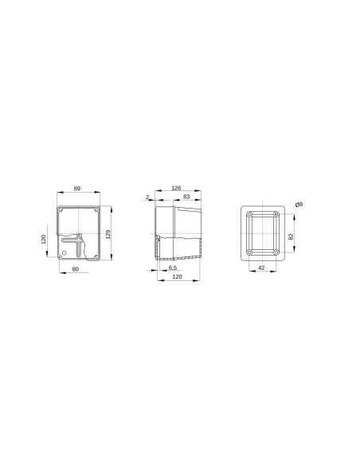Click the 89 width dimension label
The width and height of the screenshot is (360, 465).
76,188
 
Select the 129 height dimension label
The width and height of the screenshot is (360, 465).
108,232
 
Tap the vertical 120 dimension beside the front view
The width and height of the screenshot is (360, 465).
44,239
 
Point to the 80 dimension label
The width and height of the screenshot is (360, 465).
75,270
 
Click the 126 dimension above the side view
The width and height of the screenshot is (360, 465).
176,188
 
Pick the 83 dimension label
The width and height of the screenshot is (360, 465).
186,196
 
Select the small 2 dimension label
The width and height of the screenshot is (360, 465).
147,196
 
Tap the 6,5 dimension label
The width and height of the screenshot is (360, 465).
172,268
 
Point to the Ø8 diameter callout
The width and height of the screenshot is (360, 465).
299,205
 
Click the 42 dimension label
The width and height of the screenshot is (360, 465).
262,268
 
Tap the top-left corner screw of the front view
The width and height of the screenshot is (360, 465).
61,210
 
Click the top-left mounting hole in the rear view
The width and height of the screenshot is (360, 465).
250,215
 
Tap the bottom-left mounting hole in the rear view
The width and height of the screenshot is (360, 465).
250,253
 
